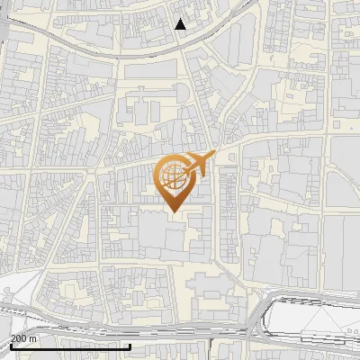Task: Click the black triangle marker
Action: (x=181, y=24)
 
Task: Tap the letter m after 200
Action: (x=32, y=338)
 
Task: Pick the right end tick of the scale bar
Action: (x=130, y=346)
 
